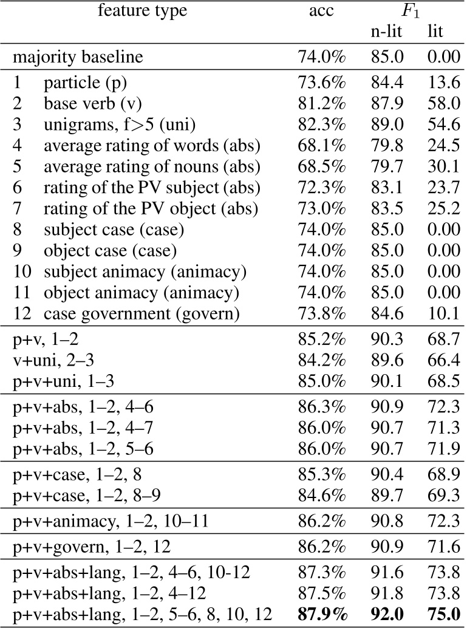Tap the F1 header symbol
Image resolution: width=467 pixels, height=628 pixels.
click(410, 12)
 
